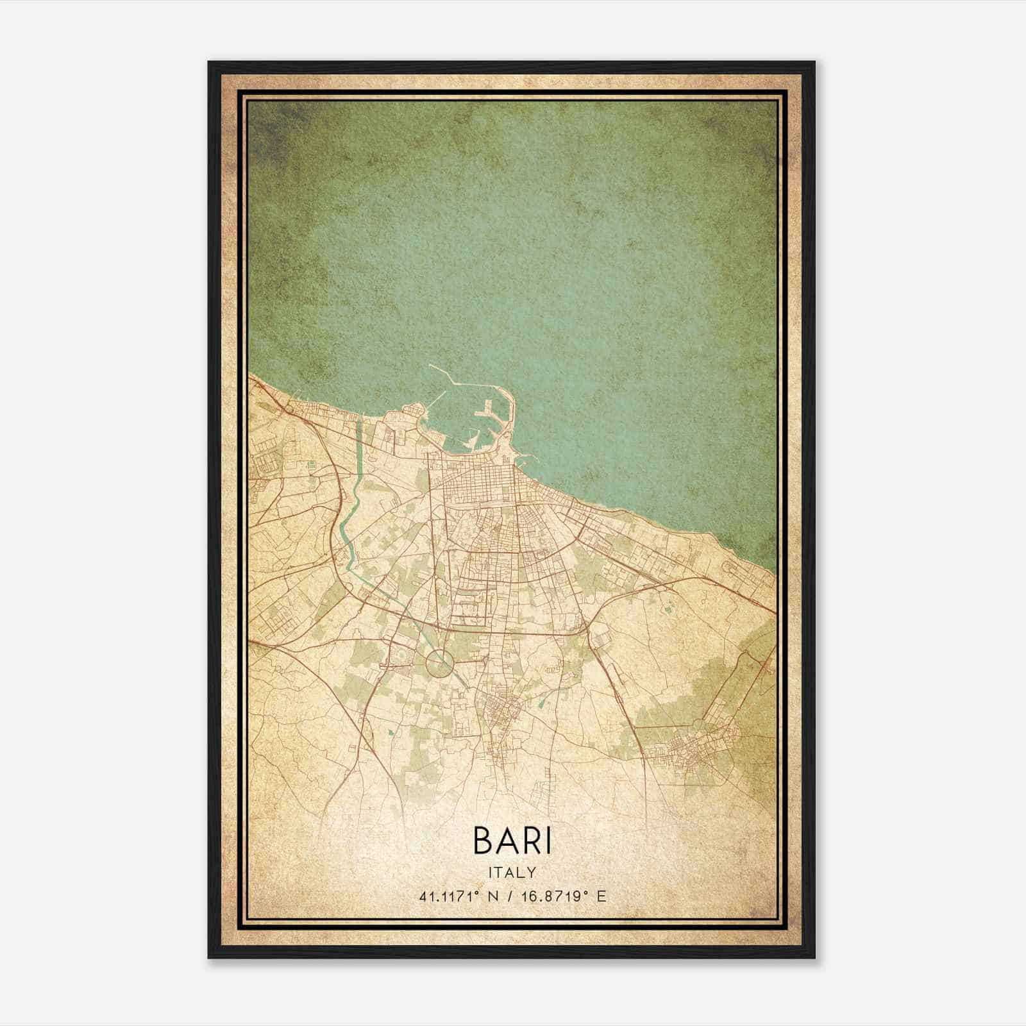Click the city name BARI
pyautogui.click(x=512, y=840)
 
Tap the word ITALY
pyautogui.click(x=512, y=872)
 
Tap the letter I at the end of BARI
pyautogui.click(x=547, y=840)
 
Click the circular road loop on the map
pyautogui.click(x=437, y=662)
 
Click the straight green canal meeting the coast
pyautogui.click(x=358, y=442)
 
